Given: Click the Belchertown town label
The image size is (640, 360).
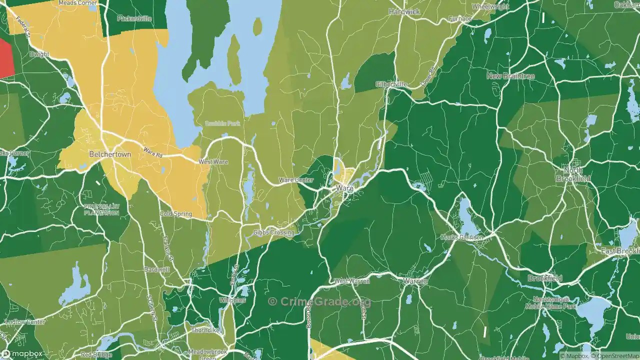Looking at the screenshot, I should click(110, 154).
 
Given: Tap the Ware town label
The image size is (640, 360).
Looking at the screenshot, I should click(344, 188).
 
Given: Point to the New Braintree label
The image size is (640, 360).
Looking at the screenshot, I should click(510, 76).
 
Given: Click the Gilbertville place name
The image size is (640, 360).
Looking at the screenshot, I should click(391, 84).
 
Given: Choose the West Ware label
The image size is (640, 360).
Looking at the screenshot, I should click(213, 162).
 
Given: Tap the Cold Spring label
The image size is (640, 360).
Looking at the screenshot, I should click(175, 214).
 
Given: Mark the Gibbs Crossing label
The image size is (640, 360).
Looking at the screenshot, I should click(273, 232).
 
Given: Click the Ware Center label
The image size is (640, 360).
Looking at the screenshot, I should click(296, 180).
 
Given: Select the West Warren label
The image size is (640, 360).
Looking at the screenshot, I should click(352, 281).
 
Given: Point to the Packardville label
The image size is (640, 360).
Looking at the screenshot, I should click(134, 18).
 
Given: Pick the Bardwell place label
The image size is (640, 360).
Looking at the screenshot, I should click(156, 269).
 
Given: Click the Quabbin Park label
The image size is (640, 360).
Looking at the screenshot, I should click(222, 123).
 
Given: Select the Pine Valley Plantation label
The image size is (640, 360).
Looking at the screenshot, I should click(101, 209).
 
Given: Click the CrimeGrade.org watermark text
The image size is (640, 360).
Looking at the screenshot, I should click(319, 301).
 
